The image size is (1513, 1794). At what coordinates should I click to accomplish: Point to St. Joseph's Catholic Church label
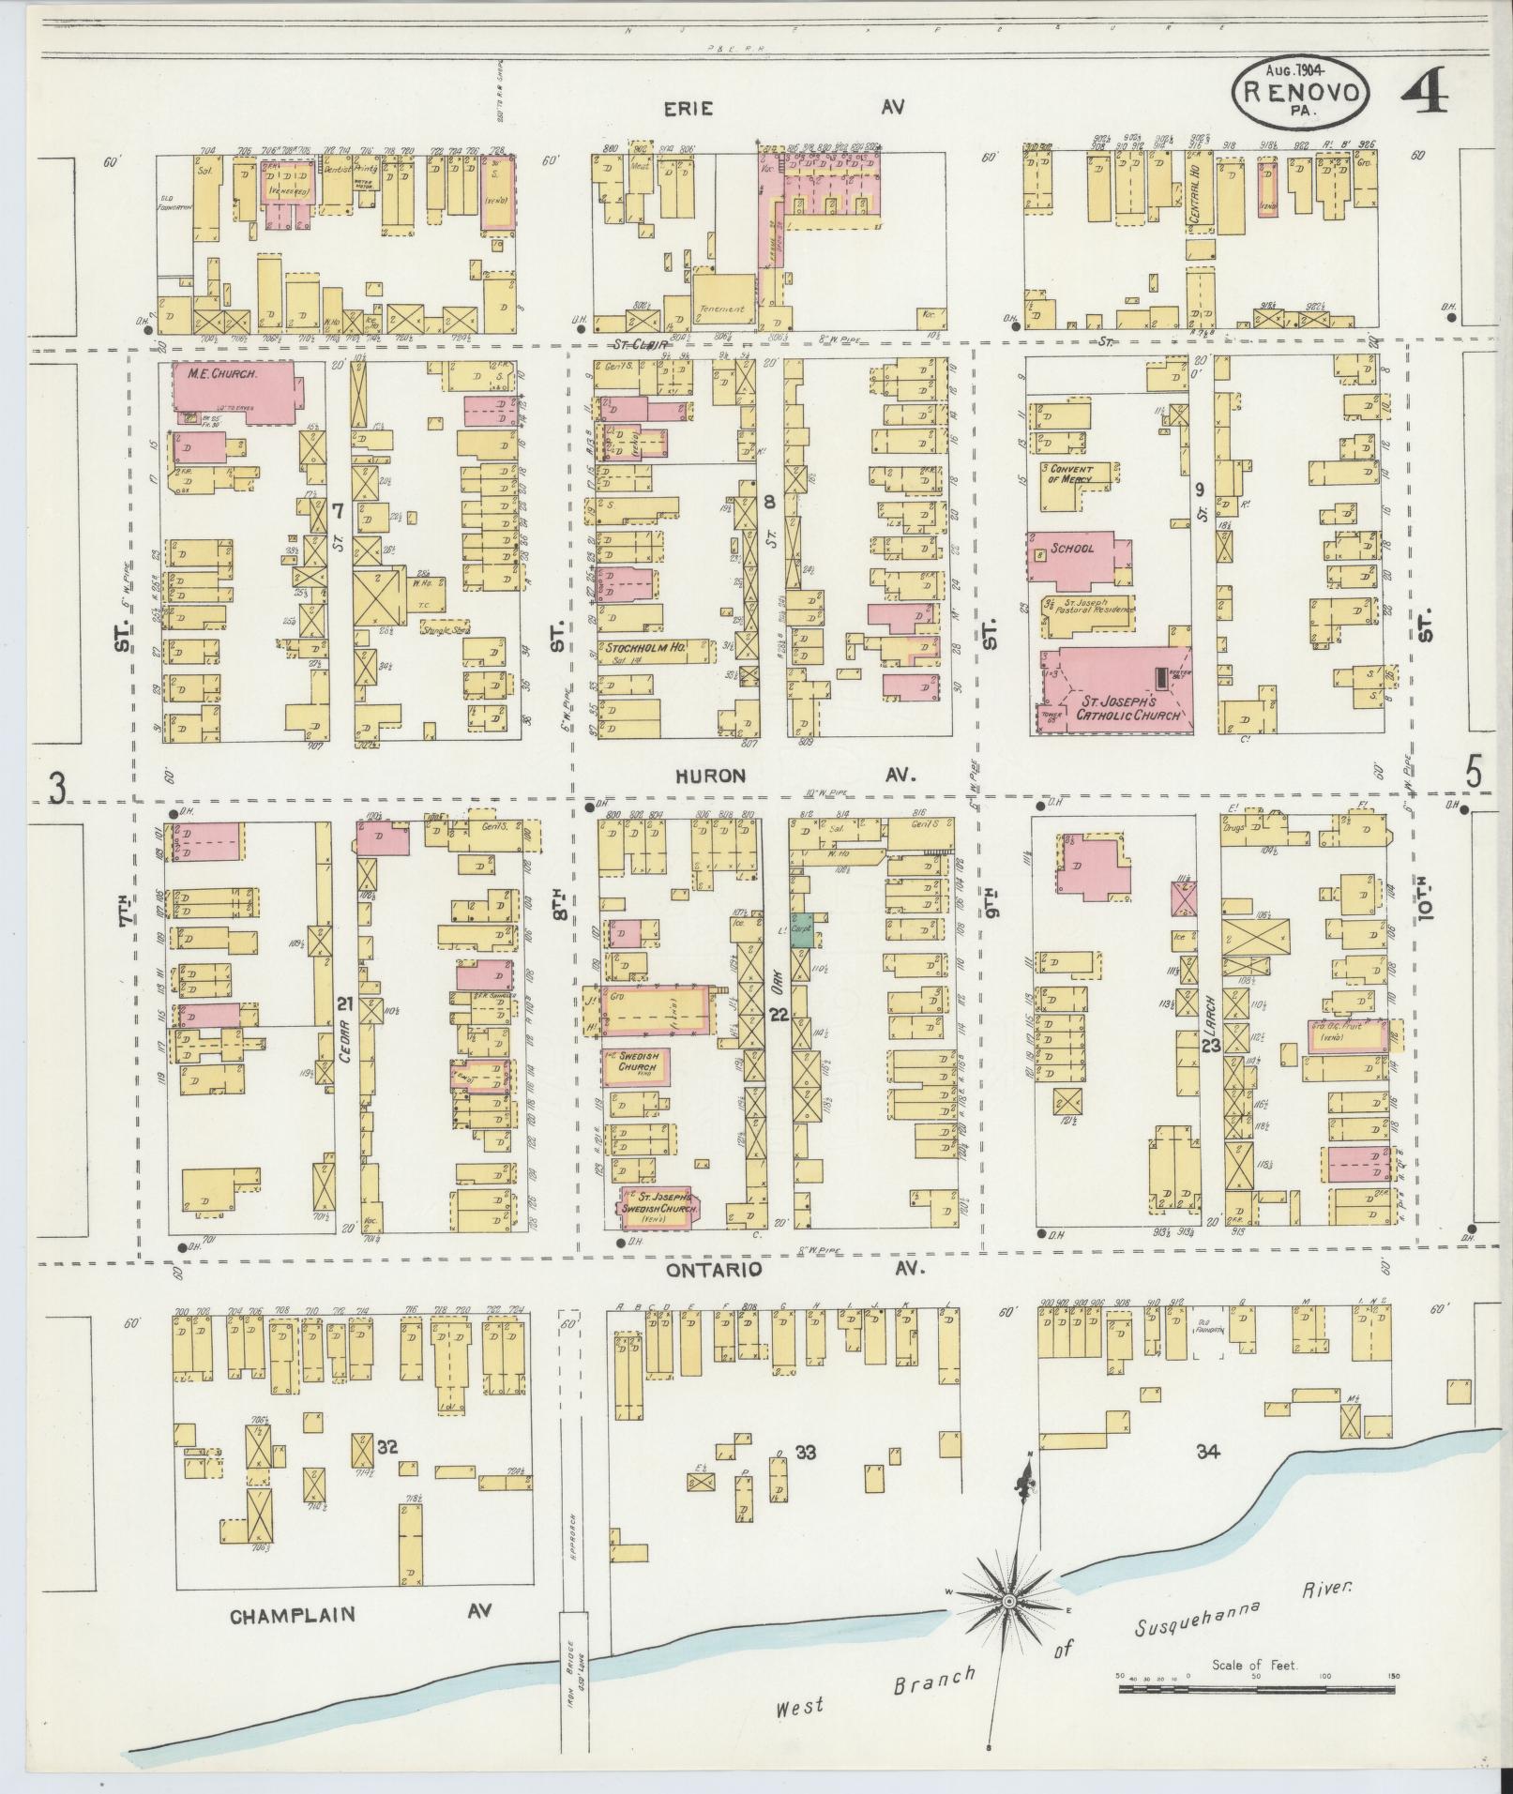click(1117, 707)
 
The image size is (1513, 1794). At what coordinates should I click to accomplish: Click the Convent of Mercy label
click(1070, 473)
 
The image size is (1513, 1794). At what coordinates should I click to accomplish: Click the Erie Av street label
click(688, 109)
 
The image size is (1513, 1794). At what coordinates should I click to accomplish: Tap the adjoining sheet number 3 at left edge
click(57, 790)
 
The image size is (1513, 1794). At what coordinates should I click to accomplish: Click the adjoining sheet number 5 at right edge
click(1474, 774)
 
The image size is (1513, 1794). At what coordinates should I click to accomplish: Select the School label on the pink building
click(1071, 548)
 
